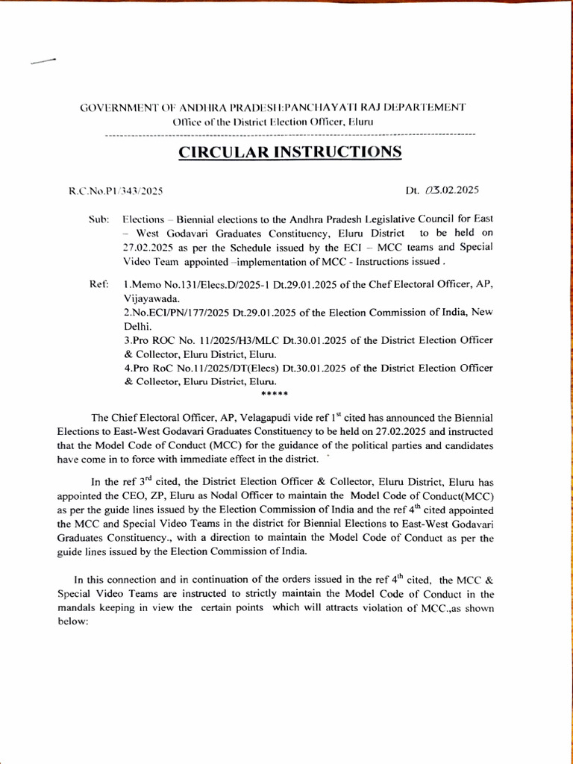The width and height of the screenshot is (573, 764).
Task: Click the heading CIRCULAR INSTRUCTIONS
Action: coord(289,152)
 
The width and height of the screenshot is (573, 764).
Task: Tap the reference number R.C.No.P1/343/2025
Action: coord(116,190)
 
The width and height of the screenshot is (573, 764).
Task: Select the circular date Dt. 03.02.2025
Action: coord(442,190)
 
